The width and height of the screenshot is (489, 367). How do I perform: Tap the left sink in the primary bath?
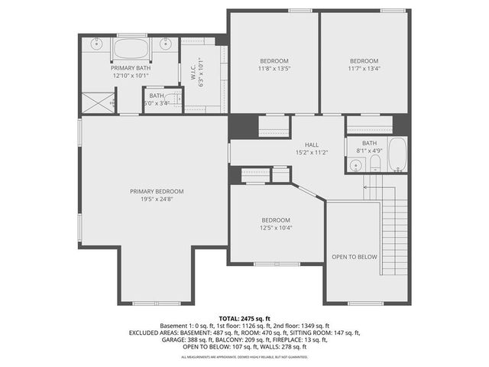point(97,44)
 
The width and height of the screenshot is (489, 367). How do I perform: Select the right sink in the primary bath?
point(166,44)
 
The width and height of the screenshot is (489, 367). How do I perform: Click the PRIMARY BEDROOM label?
point(157,191)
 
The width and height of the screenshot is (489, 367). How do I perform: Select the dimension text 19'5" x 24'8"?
point(157,199)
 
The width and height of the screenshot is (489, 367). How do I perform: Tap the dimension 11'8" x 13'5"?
point(274,68)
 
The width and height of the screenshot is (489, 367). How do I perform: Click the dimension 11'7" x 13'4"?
point(364,68)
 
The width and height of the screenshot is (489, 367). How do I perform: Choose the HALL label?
point(312,145)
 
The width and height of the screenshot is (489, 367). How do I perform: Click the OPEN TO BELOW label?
point(354,257)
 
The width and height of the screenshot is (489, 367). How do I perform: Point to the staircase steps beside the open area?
point(391,229)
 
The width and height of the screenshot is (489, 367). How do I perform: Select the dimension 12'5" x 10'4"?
point(276,227)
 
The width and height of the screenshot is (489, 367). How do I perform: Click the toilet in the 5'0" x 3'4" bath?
point(176,99)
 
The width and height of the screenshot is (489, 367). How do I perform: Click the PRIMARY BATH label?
point(131,68)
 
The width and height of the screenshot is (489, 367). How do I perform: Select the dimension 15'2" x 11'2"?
point(312,152)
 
